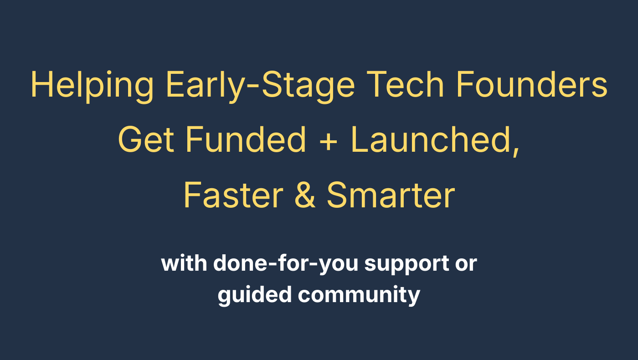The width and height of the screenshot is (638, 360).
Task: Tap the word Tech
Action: [x=405, y=85]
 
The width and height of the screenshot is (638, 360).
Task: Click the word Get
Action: [x=146, y=139]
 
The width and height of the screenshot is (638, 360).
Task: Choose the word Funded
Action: [x=246, y=139]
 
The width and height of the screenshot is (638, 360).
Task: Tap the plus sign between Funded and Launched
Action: [x=329, y=142]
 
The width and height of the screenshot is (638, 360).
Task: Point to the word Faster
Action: [x=233, y=195]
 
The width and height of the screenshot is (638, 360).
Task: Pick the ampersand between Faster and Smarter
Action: [x=305, y=195]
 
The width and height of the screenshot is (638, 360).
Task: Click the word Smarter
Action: [x=391, y=195]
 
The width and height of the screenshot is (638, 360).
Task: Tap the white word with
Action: [x=184, y=263]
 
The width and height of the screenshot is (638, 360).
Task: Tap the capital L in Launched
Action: [x=360, y=139]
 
